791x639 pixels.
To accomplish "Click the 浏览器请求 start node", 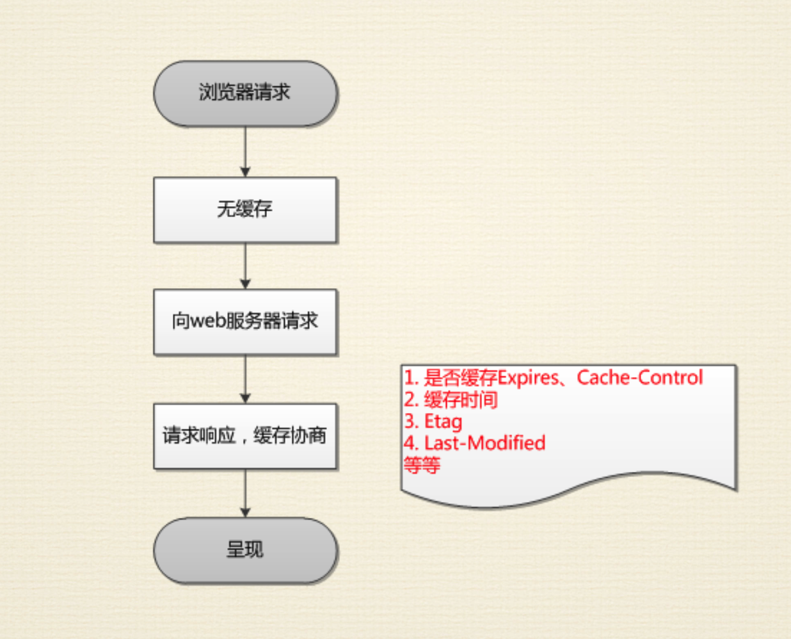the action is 245,93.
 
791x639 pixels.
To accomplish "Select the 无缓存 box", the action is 245,210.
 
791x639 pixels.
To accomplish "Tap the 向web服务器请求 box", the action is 245,321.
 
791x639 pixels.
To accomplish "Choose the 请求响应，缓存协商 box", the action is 245,436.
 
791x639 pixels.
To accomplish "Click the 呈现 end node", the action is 245,550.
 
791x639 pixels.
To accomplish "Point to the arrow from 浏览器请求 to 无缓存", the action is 245,152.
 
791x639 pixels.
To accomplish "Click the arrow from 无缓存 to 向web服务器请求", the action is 245,266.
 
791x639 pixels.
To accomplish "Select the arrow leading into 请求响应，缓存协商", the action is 245,379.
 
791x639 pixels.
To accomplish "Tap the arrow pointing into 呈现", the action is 245,494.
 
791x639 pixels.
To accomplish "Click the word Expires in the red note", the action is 528,378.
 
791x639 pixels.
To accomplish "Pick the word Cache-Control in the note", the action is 640,378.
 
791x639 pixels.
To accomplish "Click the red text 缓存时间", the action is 461,400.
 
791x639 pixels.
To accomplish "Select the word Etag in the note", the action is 443,422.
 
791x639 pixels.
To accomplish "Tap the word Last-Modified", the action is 484,443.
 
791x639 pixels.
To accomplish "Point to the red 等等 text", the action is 422,465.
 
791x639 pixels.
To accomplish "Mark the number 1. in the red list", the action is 411,378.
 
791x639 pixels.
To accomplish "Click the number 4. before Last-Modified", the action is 411,443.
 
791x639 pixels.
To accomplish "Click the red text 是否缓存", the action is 461,378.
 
